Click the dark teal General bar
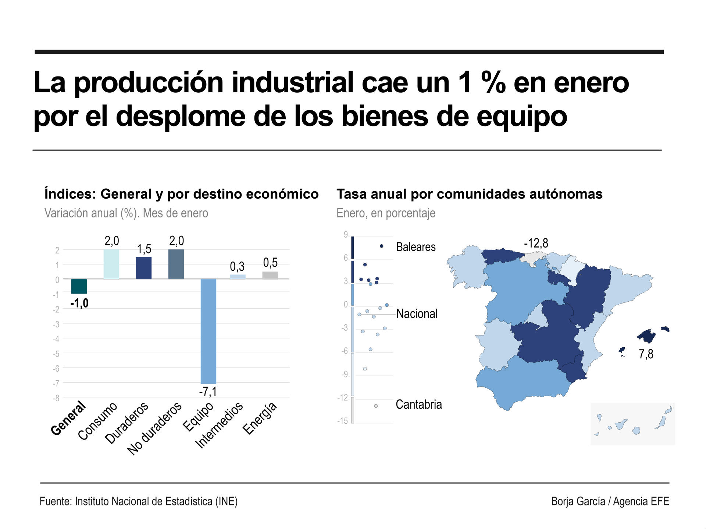(x=79, y=286)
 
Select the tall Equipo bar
(x=208, y=331)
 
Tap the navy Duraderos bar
(x=144, y=268)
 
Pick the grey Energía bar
(x=270, y=275)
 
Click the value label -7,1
(x=208, y=392)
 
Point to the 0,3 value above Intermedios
(x=237, y=266)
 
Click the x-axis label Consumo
(x=98, y=421)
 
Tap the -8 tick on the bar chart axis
(x=56, y=398)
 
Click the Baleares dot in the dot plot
(x=381, y=246)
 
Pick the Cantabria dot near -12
(x=376, y=406)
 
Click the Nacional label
(x=417, y=314)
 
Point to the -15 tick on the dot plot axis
(x=342, y=421)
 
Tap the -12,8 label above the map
(x=536, y=243)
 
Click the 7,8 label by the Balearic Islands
(x=646, y=354)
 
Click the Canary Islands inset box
(x=632, y=424)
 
